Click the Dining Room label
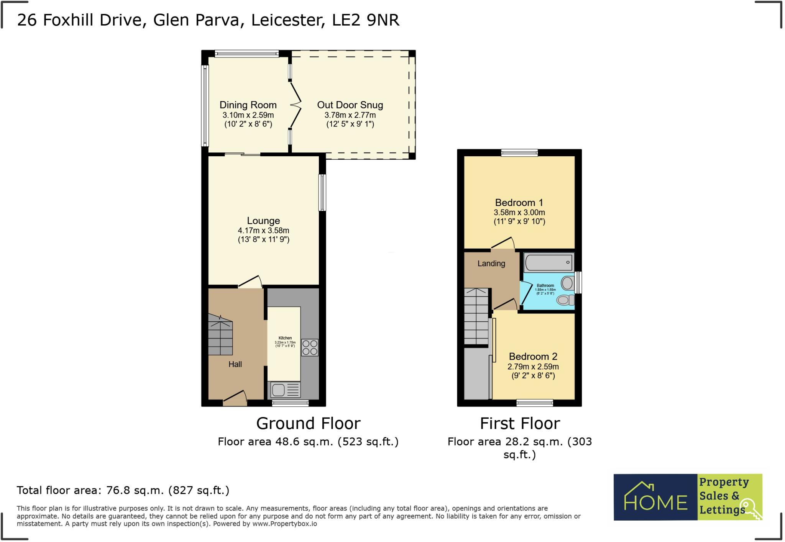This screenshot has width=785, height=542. click(248, 105)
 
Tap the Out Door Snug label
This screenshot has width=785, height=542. click(350, 105)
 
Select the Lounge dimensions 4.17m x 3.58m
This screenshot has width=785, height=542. click(263, 231)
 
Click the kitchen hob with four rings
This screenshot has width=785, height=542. click(310, 347)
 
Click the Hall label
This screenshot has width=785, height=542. click(235, 364)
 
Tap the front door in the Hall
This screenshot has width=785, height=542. click(235, 398)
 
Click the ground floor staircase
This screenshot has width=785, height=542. click(220, 336)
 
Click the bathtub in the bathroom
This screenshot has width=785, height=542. click(549, 263)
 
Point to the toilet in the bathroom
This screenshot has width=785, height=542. click(565, 300)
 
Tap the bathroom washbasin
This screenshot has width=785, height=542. click(568, 283)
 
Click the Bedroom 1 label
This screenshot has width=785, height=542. click(519, 203)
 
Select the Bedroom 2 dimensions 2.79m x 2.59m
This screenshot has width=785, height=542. click(533, 367)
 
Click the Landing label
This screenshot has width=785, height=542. click(491, 264)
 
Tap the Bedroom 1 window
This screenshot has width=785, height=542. click(519, 153)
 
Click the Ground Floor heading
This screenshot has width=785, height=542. click(308, 424)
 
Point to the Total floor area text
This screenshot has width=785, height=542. click(123, 490)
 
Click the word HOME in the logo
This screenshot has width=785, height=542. click(656, 502)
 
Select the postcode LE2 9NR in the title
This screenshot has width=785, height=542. click(366, 20)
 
